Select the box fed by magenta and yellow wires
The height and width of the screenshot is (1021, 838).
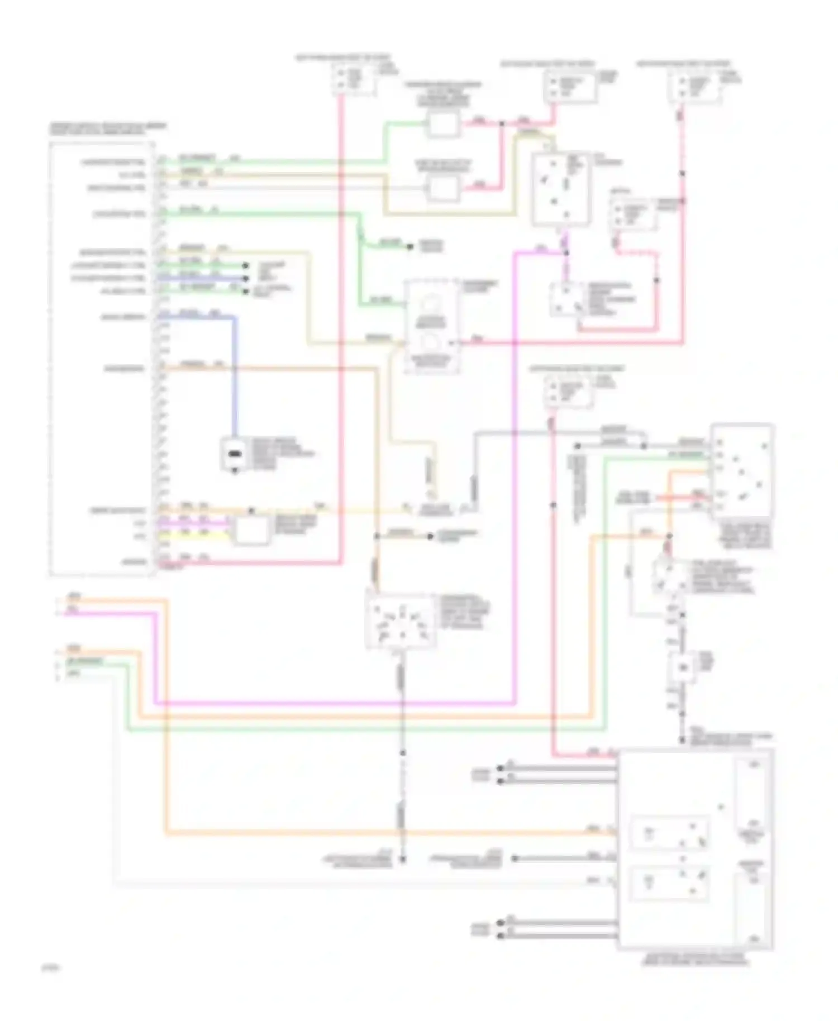point(251,529)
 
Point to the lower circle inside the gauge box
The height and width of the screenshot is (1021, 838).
point(431,341)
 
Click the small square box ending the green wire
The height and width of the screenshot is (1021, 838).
point(443,123)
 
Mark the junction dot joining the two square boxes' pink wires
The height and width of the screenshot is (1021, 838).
point(501,123)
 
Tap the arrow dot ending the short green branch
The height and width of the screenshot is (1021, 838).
point(411,246)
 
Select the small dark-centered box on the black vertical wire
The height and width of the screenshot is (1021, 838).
point(683,666)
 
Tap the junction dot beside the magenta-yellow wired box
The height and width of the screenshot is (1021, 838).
point(251,510)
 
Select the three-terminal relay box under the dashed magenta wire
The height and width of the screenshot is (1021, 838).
point(566,299)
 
